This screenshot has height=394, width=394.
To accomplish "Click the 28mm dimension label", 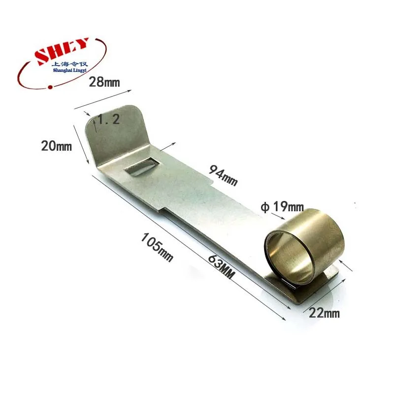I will coord(104,82).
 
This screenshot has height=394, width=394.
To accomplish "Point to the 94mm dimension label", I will coord(224,176).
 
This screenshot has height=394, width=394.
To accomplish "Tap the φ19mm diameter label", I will coord(282,207).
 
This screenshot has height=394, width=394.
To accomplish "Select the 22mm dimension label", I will coord(324,312).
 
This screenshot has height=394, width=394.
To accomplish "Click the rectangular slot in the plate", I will coord(141,166).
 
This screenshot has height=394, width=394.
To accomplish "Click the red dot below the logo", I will coord(50,88).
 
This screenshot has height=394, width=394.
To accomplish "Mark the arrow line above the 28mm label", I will coord(103,99).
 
